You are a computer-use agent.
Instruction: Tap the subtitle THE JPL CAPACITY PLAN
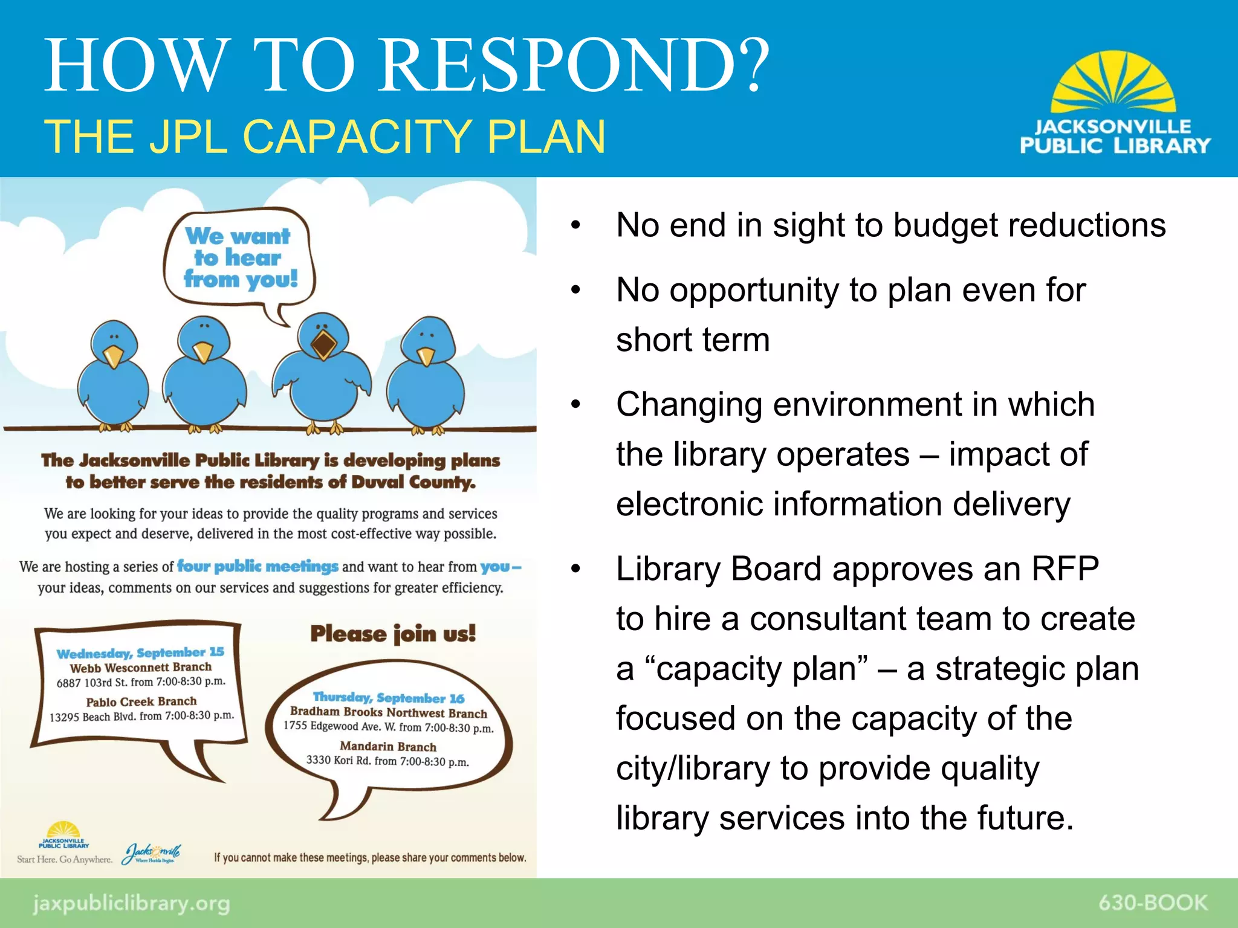click(325, 137)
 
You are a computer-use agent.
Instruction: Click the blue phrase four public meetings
click(258, 566)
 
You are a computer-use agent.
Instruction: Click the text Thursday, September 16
click(389, 698)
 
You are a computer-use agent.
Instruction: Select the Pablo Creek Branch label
click(141, 701)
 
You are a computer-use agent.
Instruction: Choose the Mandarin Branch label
click(388, 747)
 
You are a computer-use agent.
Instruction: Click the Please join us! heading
click(393, 634)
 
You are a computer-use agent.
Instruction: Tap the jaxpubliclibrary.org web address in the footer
click(131, 904)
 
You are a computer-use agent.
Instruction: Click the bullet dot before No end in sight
click(575, 226)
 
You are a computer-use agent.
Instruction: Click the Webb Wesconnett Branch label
click(141, 668)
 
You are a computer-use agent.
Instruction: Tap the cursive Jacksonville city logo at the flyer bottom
click(152, 853)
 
